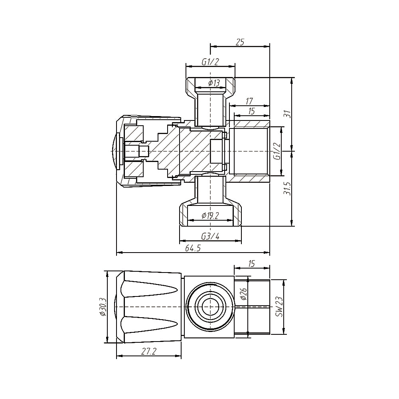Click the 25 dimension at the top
[x=240, y=42]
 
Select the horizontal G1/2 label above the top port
[x=210, y=61]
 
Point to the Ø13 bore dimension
[x=214, y=83]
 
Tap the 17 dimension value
[x=250, y=101]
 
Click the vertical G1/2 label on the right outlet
[x=277, y=152]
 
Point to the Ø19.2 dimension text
[x=210, y=216]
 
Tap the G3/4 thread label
[x=210, y=236]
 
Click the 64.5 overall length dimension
[x=192, y=248]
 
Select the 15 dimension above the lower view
[x=252, y=263]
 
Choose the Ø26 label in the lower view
[x=244, y=294]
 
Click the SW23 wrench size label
[x=279, y=306]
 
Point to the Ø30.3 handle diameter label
[x=103, y=307]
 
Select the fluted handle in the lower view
[x=152, y=307]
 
